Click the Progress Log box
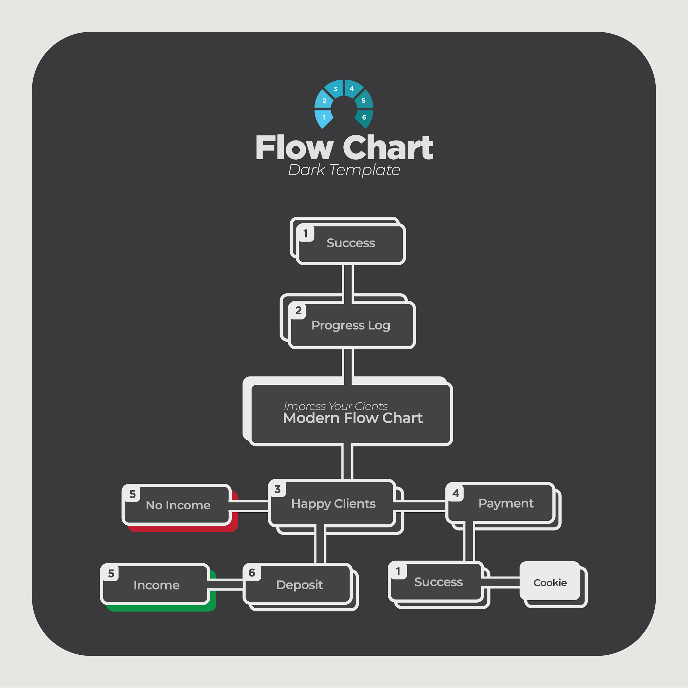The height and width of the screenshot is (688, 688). coord(351,325)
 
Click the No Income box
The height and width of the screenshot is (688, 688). coord(177,505)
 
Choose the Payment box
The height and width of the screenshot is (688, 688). coord(500,503)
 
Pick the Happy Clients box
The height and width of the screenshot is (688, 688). coord(332,503)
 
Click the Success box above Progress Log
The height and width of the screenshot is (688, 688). coord(351,244)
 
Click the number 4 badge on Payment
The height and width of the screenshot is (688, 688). coord(456,493)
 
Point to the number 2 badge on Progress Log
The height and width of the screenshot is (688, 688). coord(298,310)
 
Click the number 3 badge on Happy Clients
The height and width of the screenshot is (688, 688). coord(277,489)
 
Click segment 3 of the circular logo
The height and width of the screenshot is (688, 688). coord(334,89)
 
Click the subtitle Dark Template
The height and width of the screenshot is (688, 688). coord(344,170)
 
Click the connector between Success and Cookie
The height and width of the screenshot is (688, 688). coord(500,583)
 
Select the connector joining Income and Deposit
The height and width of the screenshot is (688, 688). coord(225,585)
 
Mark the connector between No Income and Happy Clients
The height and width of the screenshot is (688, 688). coord(248,506)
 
